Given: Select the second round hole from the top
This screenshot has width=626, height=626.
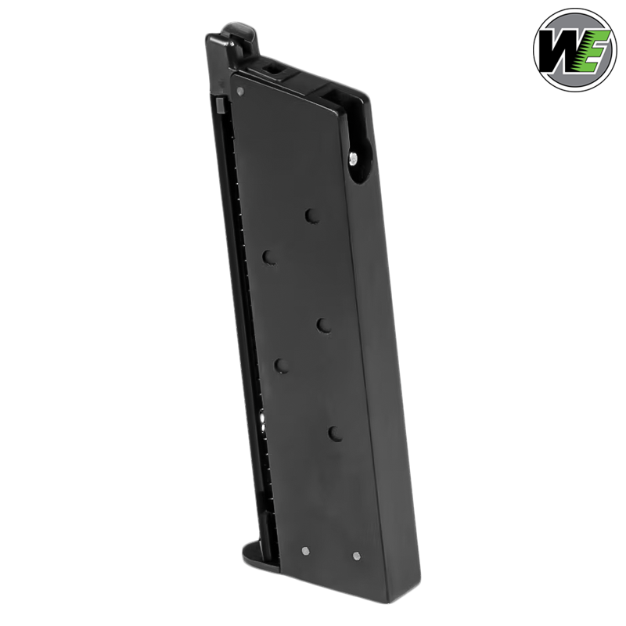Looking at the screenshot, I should point(268,257).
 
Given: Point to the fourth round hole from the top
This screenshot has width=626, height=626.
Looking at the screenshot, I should point(280,364).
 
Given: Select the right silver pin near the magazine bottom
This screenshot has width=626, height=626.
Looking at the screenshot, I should point(357,556).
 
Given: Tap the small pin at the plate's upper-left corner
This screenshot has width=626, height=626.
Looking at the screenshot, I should point(239,91).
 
